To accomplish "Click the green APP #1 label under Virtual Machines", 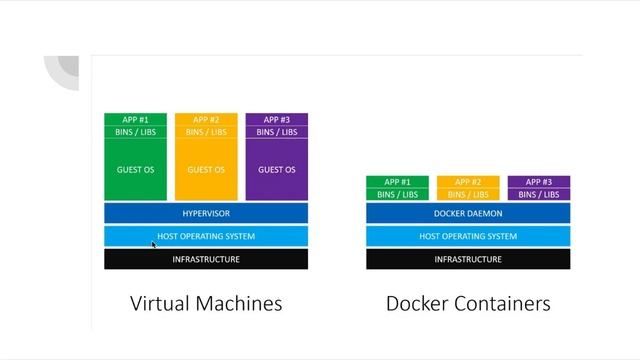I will coord(135,120).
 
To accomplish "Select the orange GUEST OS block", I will coord(206,169).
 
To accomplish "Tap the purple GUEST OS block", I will coord(277,169).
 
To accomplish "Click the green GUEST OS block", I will coord(135,169).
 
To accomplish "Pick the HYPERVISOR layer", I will coord(206,214).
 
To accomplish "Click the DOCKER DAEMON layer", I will coord(468,214).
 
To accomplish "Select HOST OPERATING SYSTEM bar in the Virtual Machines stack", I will coord(206,236).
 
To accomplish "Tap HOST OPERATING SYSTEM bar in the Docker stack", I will coord(468,236).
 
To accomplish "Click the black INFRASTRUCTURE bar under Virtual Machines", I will coord(206,259).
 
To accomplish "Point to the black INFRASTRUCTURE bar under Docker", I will coord(468,259).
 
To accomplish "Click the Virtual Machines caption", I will coord(206,303).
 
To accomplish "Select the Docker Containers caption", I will coord(468,303).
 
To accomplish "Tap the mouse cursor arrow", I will coord(154,244).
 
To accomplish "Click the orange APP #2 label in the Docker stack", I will coord(468,182).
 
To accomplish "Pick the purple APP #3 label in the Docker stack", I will coord(539,182).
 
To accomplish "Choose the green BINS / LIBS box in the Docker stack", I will coord(397,194).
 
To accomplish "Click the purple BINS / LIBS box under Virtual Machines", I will coord(277,132).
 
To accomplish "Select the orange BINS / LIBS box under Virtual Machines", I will coord(206,132).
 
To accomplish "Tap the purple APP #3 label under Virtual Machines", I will coord(277,120).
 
